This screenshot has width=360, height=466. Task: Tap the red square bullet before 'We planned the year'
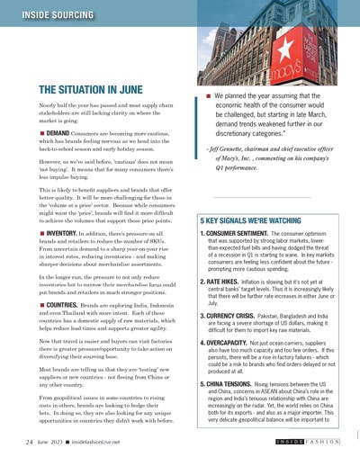click(208, 93)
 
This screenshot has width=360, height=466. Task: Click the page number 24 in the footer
click(30, 444)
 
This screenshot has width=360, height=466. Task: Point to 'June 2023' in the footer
click(53, 444)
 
